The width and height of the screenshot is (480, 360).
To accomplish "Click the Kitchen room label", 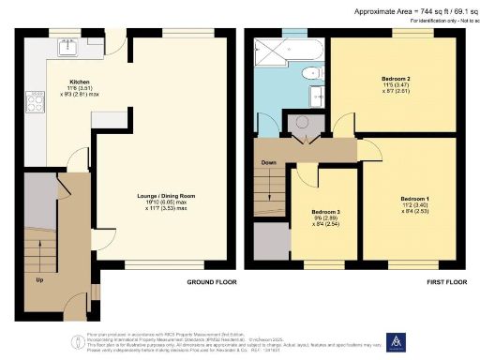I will tap(82, 82).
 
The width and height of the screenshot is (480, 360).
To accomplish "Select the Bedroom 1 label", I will tap(414, 200).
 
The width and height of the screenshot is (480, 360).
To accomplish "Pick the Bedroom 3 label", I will tap(325, 212).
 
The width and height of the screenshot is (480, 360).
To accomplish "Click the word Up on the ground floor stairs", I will tap(37, 279).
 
